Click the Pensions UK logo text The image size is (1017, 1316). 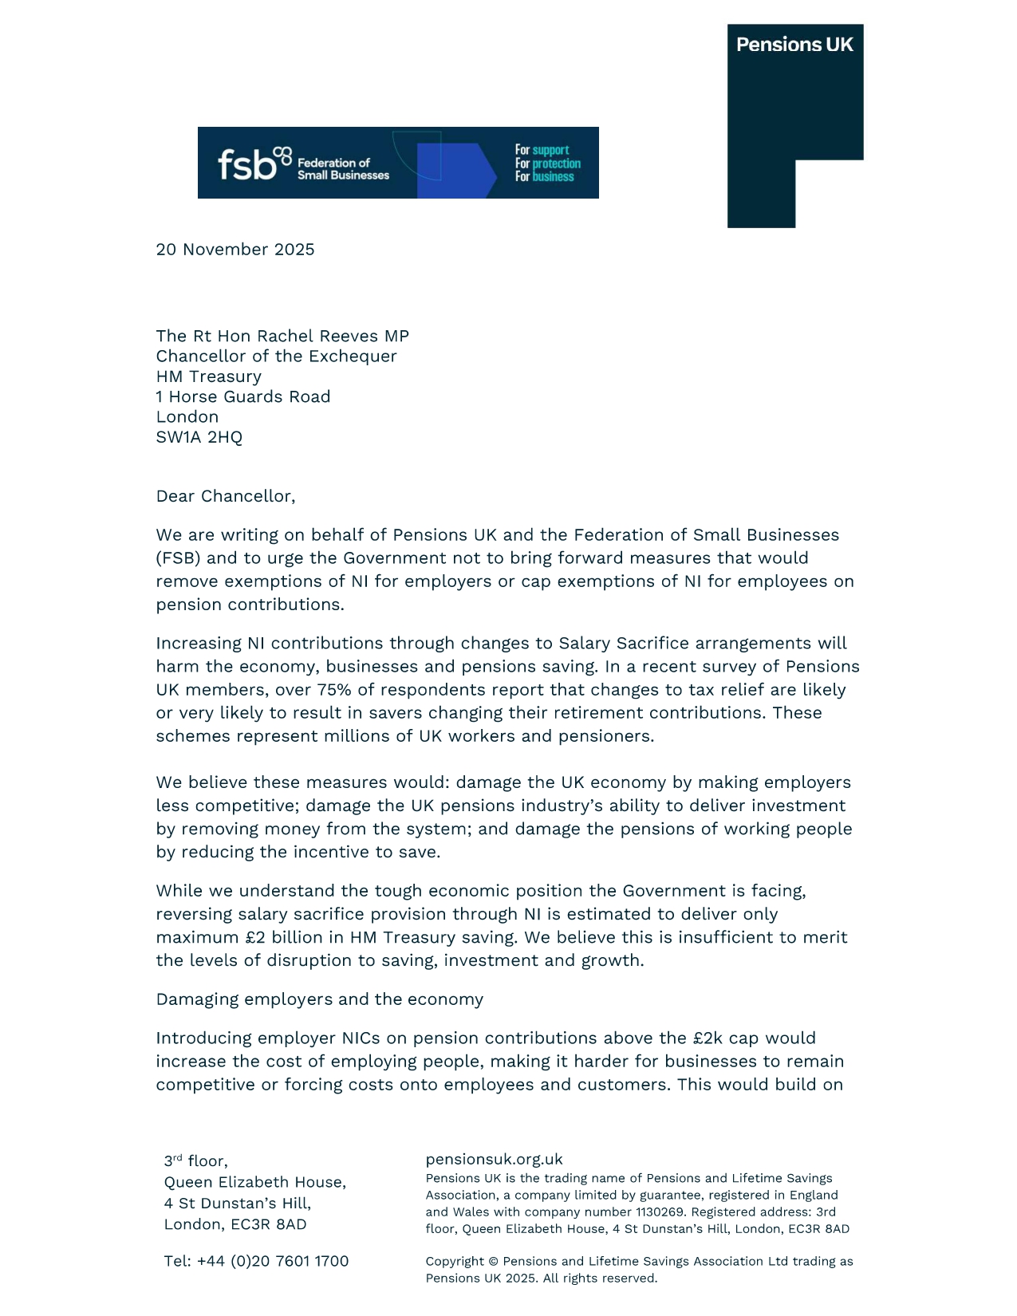pos(794,45)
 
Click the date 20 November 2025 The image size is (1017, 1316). pos(235,250)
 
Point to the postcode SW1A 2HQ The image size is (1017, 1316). pos(199,437)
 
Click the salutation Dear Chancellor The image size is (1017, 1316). pos(226,496)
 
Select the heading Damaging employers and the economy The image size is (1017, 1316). pos(320,999)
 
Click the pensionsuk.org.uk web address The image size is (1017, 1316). pos(495,1159)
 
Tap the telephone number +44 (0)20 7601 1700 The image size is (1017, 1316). pos(273,1261)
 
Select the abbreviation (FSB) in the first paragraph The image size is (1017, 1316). pos(179,558)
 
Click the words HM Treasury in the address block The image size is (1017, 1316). pos(209,376)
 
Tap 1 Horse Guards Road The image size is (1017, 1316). pos(243,396)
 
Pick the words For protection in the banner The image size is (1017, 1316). pos(548,164)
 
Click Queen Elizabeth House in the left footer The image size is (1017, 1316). pos(255,1182)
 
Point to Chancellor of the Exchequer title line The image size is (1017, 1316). pos(277,357)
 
